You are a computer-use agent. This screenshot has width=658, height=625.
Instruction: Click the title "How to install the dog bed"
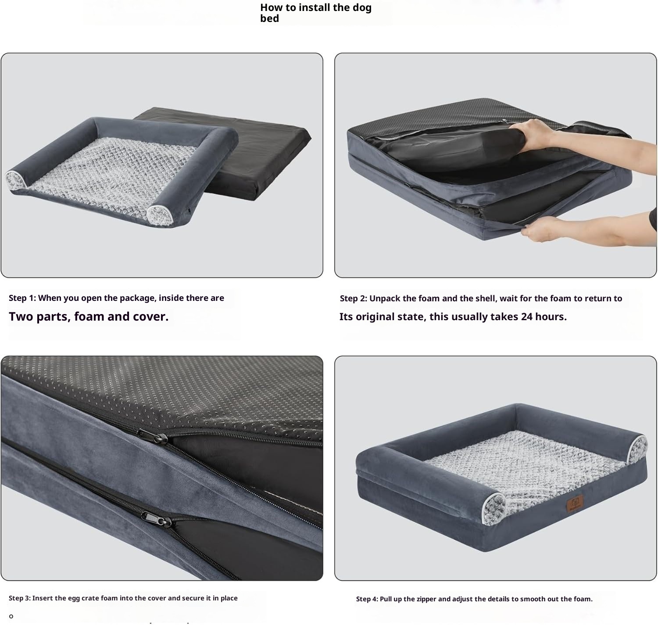tap(315, 13)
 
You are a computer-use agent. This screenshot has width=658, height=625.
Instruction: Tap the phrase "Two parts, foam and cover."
tap(89, 317)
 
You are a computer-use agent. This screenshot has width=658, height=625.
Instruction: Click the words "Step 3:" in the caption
tap(19, 598)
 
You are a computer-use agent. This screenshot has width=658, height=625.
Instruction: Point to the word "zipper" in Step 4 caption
tap(427, 599)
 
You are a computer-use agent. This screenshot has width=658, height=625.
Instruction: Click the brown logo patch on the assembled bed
tap(575, 503)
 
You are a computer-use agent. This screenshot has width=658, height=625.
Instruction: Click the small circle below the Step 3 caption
tap(11, 616)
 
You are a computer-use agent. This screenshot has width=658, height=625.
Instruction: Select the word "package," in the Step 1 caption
tap(138, 298)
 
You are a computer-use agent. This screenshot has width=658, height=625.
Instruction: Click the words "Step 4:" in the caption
tap(367, 599)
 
